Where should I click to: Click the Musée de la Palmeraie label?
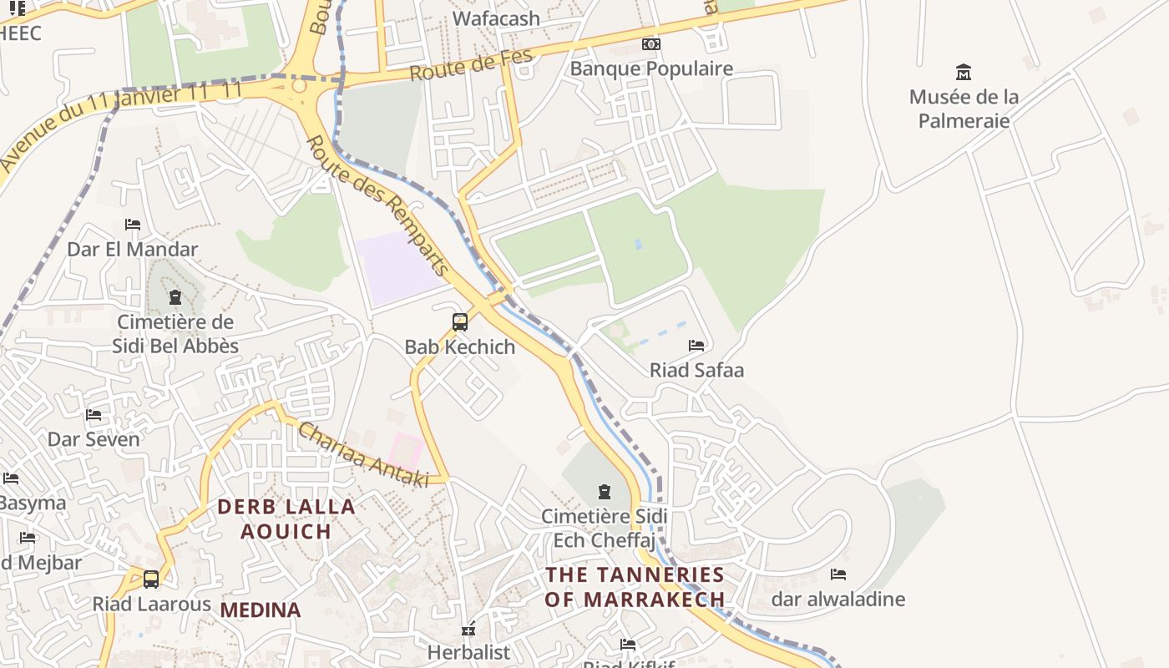click(x=964, y=109)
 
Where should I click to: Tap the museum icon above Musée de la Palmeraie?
click(x=964, y=73)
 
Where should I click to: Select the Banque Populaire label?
click(x=651, y=68)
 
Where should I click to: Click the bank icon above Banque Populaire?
click(x=651, y=44)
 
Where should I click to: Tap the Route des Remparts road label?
click(x=377, y=205)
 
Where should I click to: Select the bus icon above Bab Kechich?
click(x=459, y=322)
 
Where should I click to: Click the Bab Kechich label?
click(x=460, y=347)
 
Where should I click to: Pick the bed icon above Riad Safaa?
click(x=696, y=346)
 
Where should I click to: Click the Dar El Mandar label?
click(x=133, y=249)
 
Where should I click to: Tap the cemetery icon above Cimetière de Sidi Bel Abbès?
click(x=175, y=297)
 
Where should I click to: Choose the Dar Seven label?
click(x=94, y=439)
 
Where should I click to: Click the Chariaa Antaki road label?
click(x=363, y=454)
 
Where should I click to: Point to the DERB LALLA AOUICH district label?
click(x=286, y=519)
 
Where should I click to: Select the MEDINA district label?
click(x=261, y=610)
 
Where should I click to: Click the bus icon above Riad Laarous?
click(x=151, y=579)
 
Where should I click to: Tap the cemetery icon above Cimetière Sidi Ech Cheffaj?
click(x=605, y=492)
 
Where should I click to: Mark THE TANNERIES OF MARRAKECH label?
click(x=635, y=587)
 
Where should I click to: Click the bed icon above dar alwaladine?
click(x=838, y=574)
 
